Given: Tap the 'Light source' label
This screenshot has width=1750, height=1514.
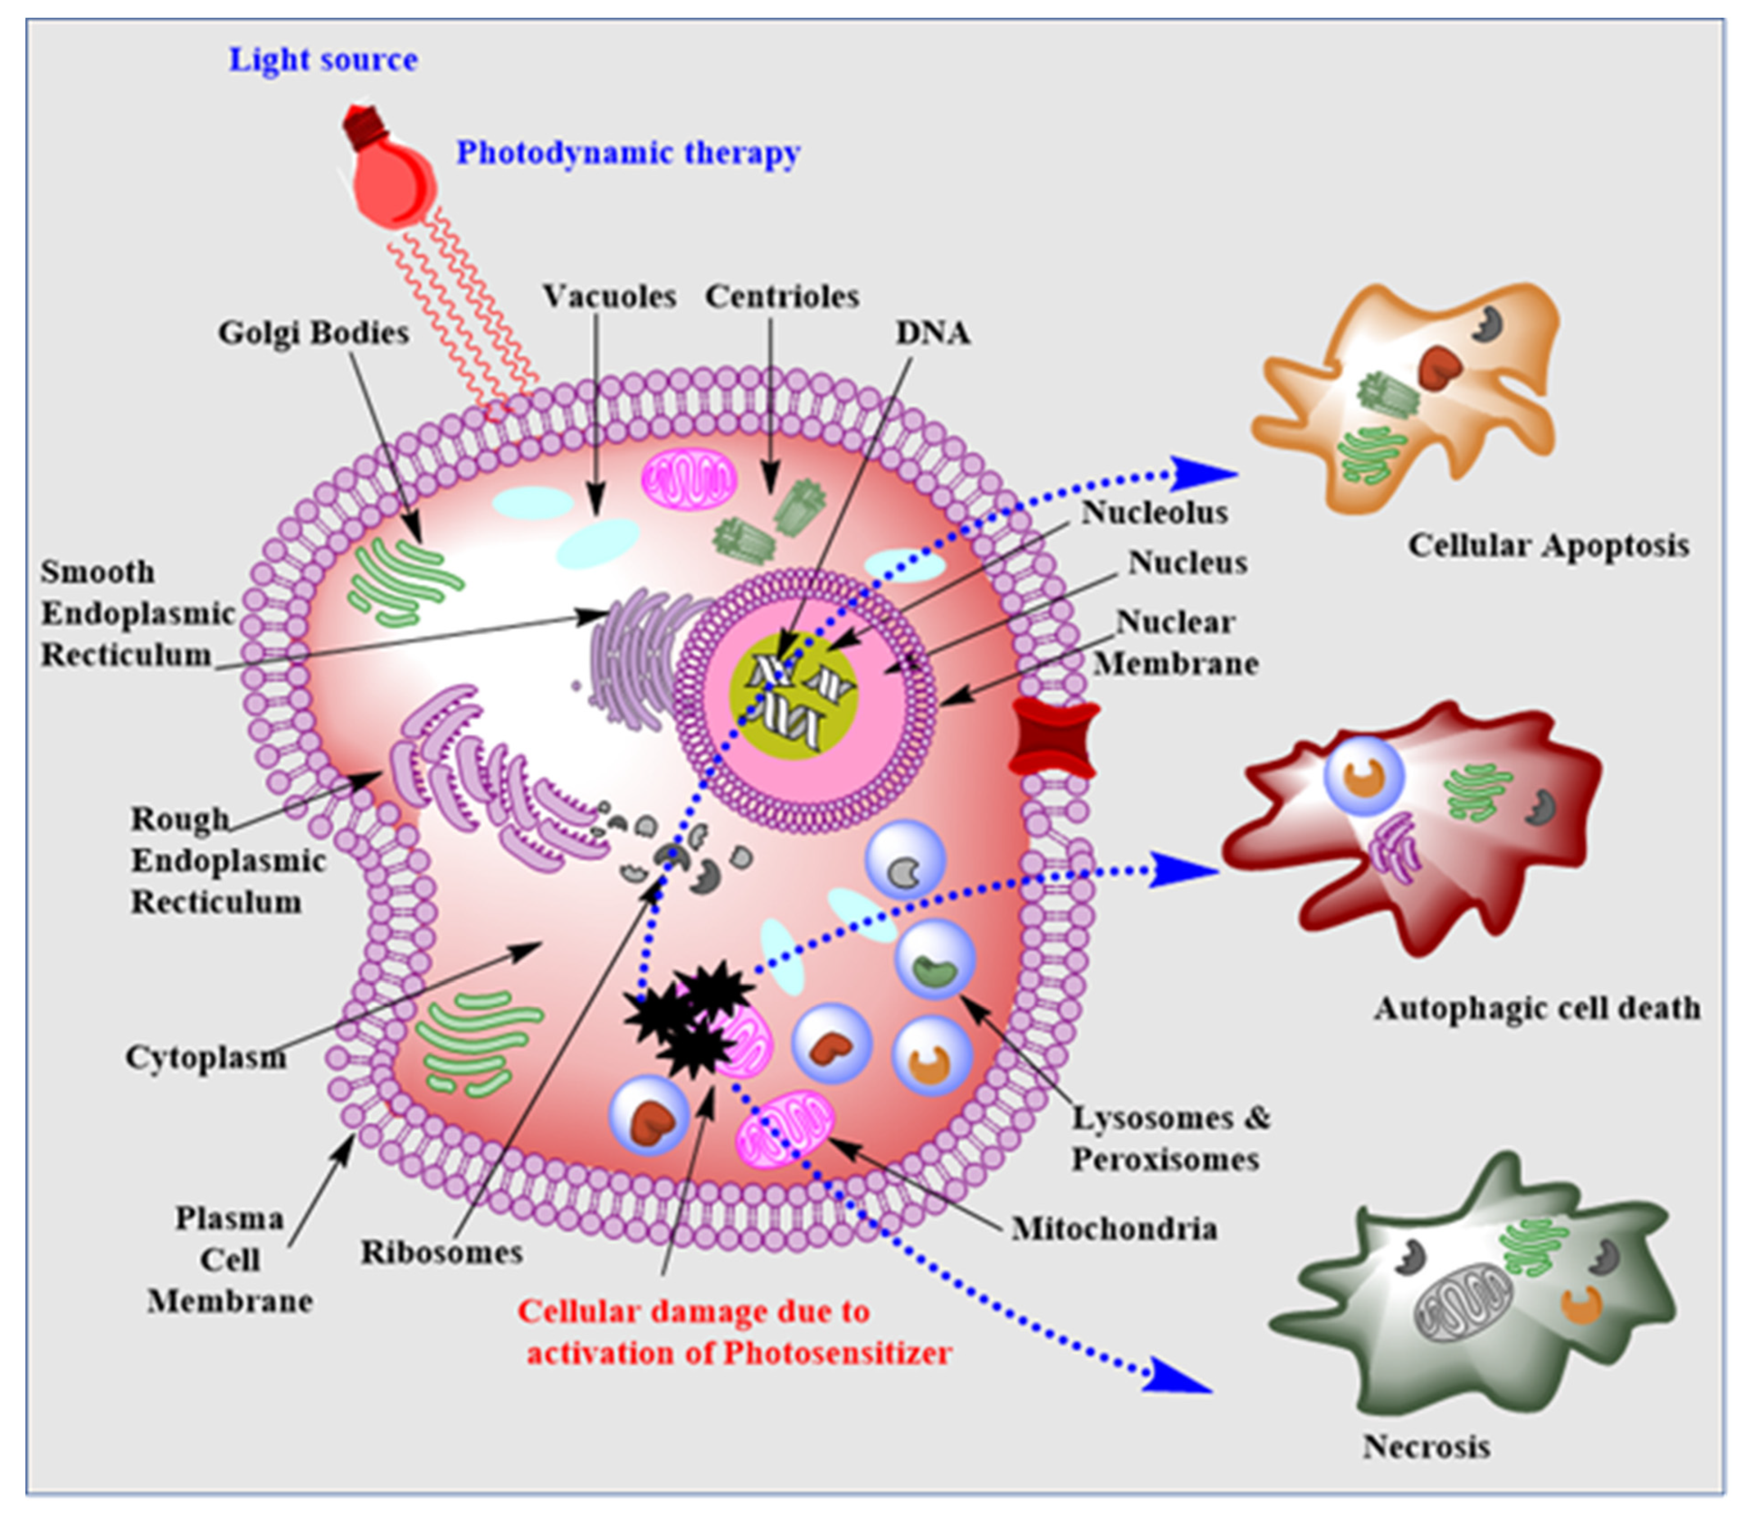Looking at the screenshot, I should pyautogui.click(x=323, y=60).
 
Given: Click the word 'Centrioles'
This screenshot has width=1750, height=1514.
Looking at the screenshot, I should pyautogui.click(x=782, y=297).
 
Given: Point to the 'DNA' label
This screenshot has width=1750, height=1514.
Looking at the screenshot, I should pyautogui.click(x=933, y=333).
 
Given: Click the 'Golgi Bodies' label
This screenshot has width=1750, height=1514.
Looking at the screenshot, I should pyautogui.click(x=313, y=333).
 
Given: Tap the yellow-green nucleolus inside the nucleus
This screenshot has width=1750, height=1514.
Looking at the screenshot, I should pyautogui.click(x=793, y=695).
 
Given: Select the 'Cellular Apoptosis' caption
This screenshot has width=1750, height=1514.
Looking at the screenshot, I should pyautogui.click(x=1548, y=546).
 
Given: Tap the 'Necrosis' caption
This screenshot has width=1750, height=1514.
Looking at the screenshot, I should pyautogui.click(x=1426, y=1447).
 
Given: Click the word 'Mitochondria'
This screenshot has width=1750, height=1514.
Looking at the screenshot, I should pyautogui.click(x=1114, y=1228).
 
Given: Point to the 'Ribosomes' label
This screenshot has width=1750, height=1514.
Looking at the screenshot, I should pyautogui.click(x=442, y=1252).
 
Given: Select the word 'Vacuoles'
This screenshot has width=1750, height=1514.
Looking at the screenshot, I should pyautogui.click(x=609, y=297).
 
